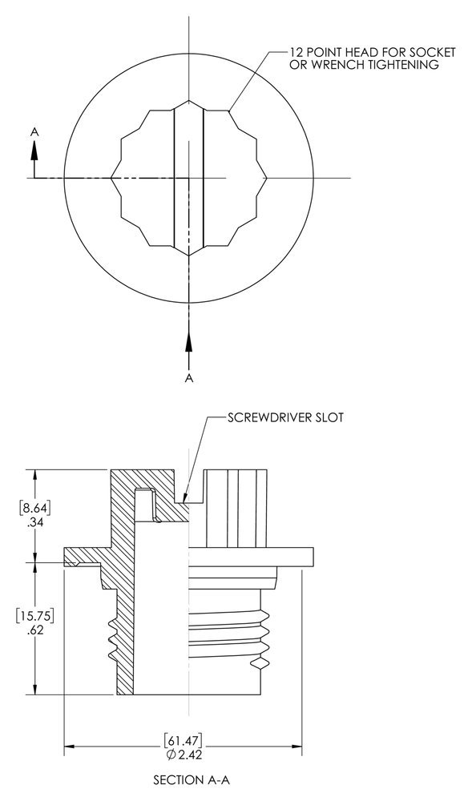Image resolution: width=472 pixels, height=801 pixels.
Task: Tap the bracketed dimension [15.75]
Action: point(34,615)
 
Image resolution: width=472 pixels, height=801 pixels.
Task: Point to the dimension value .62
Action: point(34,630)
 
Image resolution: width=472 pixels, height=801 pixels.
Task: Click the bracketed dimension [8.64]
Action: point(34,507)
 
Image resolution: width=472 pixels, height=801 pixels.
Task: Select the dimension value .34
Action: point(34,521)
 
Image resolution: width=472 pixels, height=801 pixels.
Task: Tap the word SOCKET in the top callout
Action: point(433,51)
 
